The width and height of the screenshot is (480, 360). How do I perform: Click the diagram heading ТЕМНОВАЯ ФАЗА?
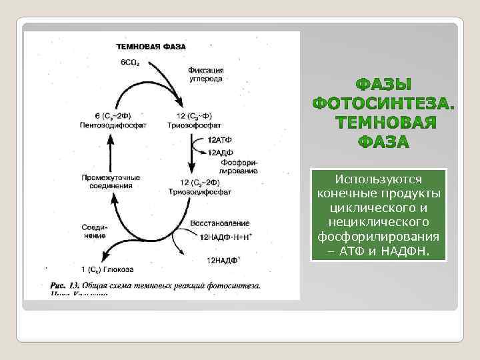tap(151, 47)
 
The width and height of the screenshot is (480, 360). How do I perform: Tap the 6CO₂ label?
tap(131, 62)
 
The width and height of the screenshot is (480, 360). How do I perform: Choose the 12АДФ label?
tap(221, 151)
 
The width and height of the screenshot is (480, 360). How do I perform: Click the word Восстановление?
tap(220, 223)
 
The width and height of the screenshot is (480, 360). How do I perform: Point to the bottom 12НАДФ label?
tap(223, 259)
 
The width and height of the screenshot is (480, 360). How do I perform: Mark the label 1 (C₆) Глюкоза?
tap(107, 269)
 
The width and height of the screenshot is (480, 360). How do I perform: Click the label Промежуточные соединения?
tap(111, 181)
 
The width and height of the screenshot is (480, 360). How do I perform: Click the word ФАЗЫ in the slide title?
tap(385, 85)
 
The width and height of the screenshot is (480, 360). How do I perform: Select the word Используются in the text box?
tap(379, 180)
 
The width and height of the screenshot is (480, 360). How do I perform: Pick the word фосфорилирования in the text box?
tap(379, 237)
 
